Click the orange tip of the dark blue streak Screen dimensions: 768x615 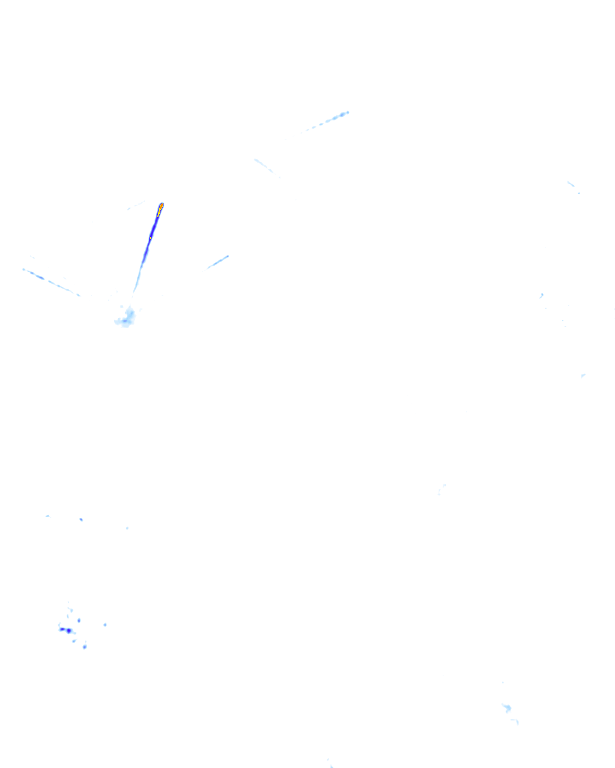coord(161,206)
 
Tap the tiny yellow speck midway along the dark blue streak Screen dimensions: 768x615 coord(150,238)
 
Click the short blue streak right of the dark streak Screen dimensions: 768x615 coord(218,262)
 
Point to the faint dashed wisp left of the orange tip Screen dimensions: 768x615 coord(136,205)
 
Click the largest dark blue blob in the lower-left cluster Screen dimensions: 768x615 coord(68,631)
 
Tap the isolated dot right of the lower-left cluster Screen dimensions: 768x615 coord(105,625)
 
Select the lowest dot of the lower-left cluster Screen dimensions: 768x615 coord(85,647)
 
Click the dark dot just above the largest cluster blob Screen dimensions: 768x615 coord(79,620)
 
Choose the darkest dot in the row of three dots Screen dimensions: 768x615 coord(81,520)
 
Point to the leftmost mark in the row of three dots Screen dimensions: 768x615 coord(47,516)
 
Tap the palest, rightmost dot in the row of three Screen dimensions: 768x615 coord(127,528)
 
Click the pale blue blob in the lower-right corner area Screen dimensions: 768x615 coord(507,708)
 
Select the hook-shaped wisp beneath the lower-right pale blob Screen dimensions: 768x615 coord(515,721)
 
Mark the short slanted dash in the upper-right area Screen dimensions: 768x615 coord(571,184)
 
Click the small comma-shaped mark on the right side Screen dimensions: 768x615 coord(541,295)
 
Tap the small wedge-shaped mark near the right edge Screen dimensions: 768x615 coord(583,376)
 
